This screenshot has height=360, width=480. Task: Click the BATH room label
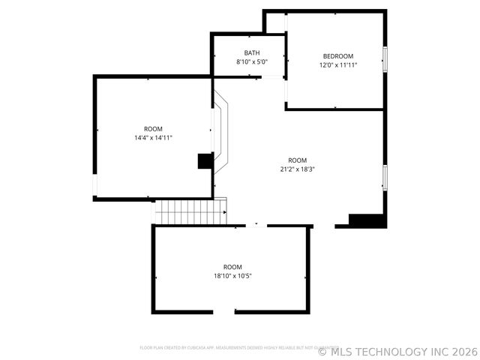[x=252, y=52]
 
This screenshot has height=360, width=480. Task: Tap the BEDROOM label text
[x=338, y=56]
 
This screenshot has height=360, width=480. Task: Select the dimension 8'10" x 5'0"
[x=252, y=62]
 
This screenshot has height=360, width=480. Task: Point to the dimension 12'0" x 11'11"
[x=338, y=65]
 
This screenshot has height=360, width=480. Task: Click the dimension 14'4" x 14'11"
[x=153, y=138]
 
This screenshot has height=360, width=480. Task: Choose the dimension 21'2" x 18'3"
[x=298, y=169]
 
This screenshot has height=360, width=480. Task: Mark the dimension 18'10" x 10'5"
[x=232, y=276]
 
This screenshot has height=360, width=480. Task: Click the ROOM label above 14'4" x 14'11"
[x=153, y=129]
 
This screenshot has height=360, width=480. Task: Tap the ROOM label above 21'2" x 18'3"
[x=298, y=160]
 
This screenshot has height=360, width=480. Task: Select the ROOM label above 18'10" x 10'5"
[x=232, y=267]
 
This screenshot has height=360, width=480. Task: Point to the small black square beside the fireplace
[x=205, y=161]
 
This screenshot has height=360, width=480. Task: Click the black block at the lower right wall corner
[x=368, y=220]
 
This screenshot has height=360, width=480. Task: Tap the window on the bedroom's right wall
[x=385, y=58]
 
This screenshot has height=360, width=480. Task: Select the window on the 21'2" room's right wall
[x=384, y=178]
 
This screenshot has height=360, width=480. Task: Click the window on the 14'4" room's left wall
[x=94, y=185]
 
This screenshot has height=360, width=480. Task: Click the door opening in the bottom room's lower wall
[x=223, y=312]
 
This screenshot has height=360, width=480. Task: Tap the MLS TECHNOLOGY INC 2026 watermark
[x=397, y=351]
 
